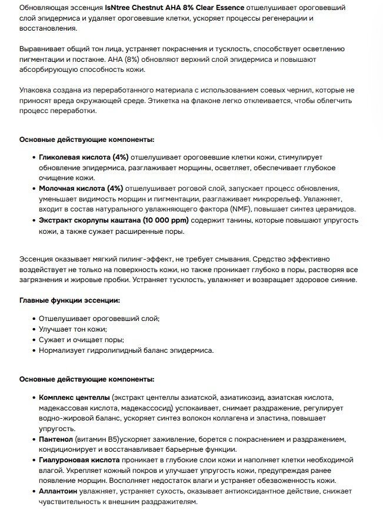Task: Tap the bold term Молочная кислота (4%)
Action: pos(81,188)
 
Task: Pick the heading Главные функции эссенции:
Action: pos(69,300)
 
